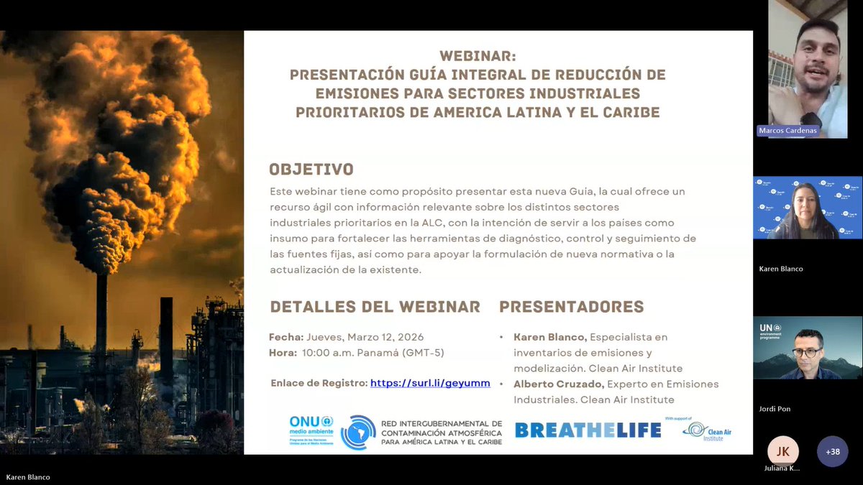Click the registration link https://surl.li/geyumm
pos(430,383)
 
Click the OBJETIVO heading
pos(311,170)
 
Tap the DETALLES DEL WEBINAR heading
pos(375,307)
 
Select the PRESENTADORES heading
pos(571,307)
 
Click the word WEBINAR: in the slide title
pos(478,56)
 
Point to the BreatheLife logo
pos(588,430)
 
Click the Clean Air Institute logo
pos(707,430)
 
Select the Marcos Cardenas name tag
pos(788,131)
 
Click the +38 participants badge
pos(832,451)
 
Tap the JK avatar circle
pos(782,451)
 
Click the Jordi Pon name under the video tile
pos(775,409)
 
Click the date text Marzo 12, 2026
pos(385,337)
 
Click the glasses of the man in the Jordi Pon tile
pos(806,352)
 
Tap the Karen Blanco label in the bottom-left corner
pos(27,477)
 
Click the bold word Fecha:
pos(286,337)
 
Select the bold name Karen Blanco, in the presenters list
pos(550,337)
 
